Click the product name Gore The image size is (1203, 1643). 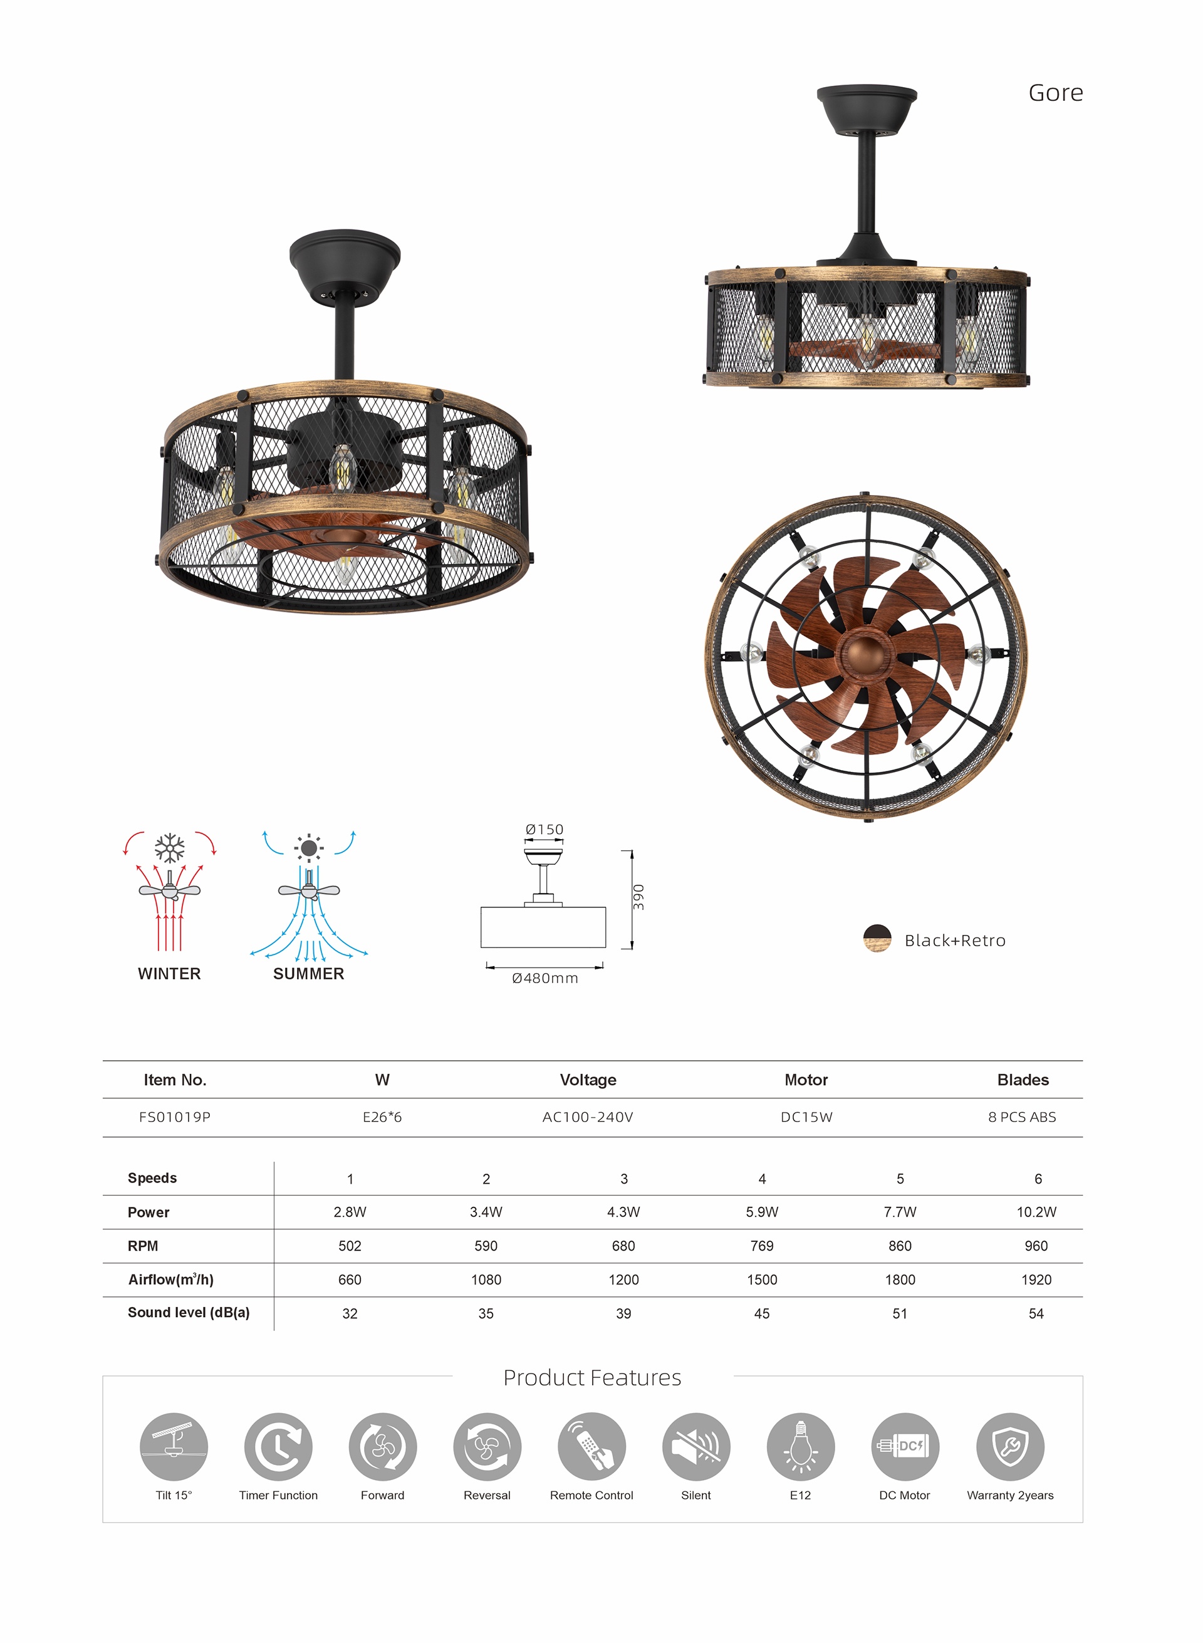(1055, 93)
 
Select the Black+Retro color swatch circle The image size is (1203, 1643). (877, 939)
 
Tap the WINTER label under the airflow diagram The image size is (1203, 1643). (169, 974)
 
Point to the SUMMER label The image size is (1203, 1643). (309, 974)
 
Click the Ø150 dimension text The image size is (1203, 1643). (544, 830)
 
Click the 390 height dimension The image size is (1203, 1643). (638, 897)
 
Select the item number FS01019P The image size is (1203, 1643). (175, 1117)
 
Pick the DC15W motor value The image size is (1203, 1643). (806, 1117)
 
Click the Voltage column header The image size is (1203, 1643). (588, 1080)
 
